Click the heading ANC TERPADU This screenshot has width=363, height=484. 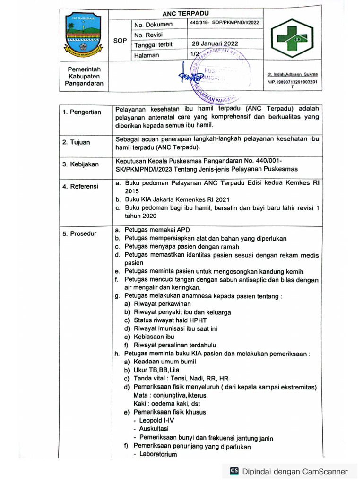pyautogui.click(x=185, y=13)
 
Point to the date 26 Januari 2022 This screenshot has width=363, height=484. pyautogui.click(x=215, y=43)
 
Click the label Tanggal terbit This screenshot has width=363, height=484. pyautogui.click(x=154, y=45)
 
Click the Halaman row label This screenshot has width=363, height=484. pyautogui.click(x=147, y=55)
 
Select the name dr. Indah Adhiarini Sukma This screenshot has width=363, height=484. pyautogui.click(x=292, y=74)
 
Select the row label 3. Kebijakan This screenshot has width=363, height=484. pyautogui.click(x=81, y=164)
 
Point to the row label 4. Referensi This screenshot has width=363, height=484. pyautogui.click(x=81, y=187)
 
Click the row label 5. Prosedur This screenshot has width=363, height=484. pyautogui.click(x=80, y=233)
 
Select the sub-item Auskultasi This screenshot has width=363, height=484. pyautogui.click(x=154, y=429)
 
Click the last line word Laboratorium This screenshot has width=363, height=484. pyautogui.click(x=158, y=454)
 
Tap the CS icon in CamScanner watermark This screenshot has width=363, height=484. pyautogui.click(x=234, y=471)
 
